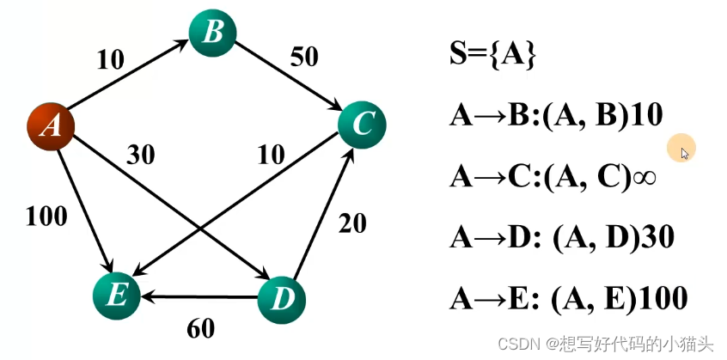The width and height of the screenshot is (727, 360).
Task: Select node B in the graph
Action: point(213,34)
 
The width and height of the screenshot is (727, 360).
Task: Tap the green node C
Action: point(362,125)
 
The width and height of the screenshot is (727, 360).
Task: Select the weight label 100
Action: point(46,217)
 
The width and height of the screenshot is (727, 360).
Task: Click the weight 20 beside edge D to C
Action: point(351,223)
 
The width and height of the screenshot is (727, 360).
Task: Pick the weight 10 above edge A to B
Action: point(109,59)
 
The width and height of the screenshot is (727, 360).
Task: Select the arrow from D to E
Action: point(199,298)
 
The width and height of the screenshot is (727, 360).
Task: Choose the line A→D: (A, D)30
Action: point(561,237)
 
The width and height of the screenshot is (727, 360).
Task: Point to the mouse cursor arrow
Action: point(685,152)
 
